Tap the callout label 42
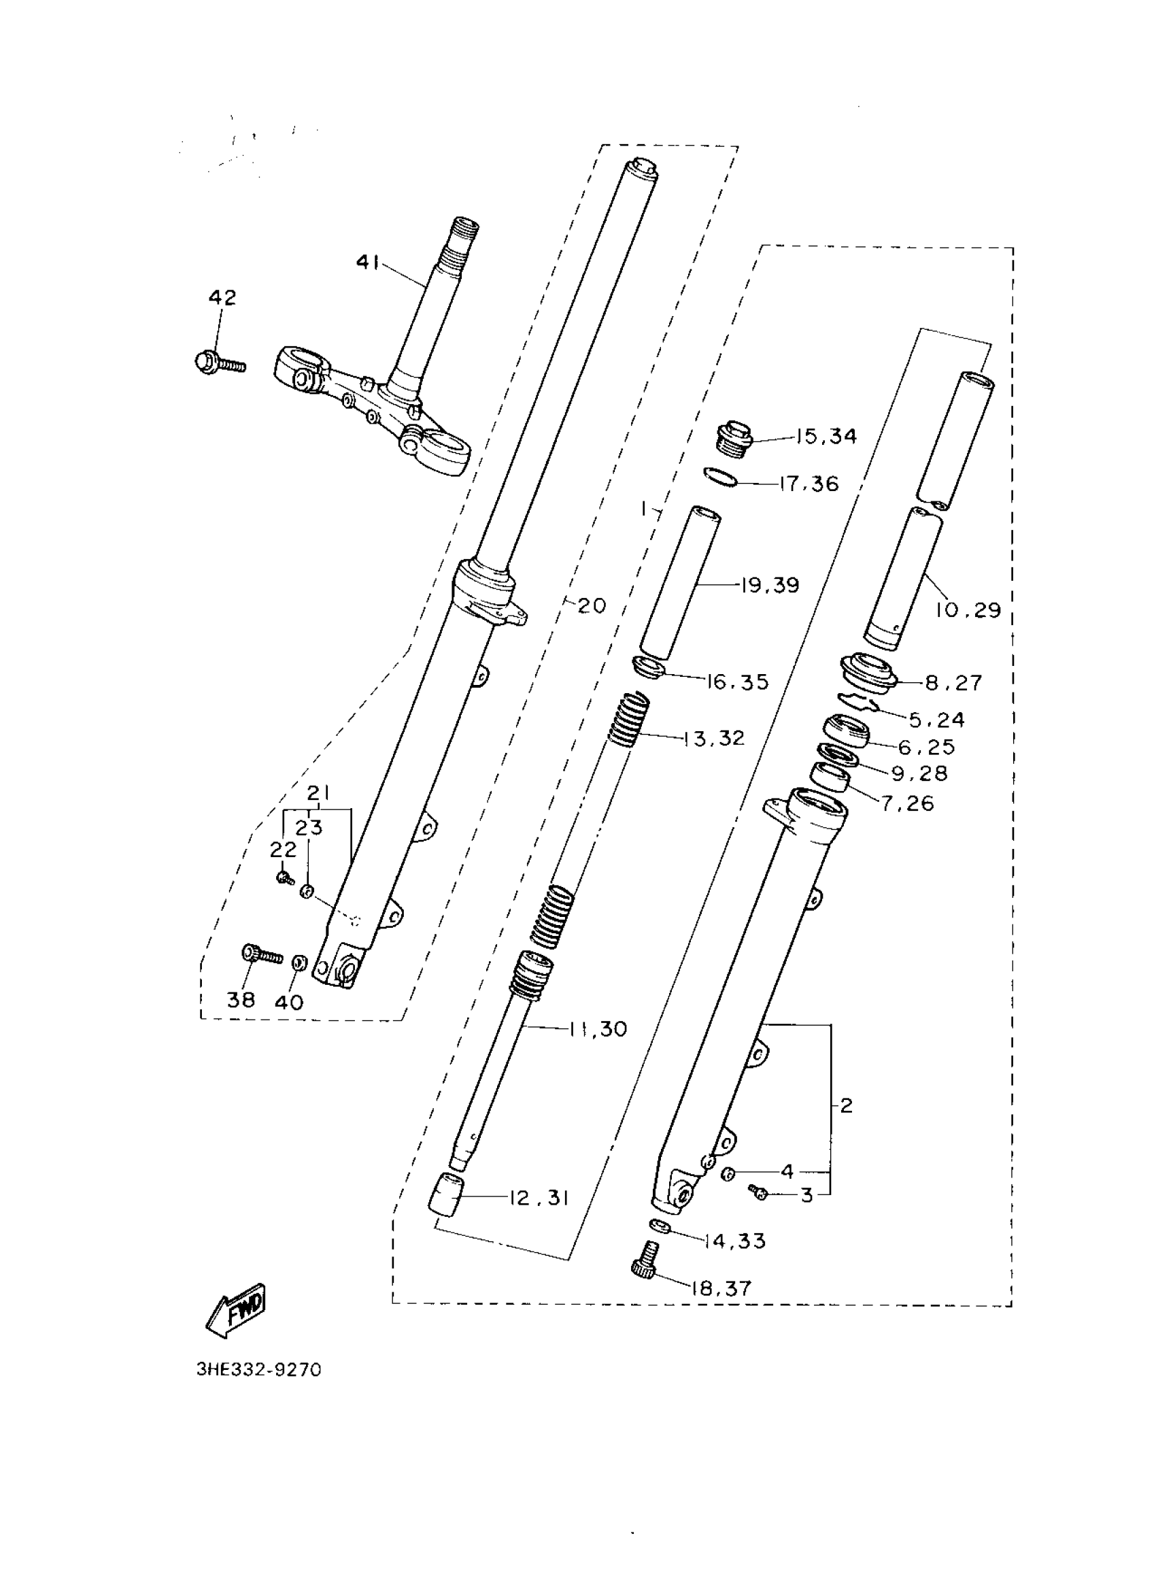(222, 297)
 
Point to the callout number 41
(368, 263)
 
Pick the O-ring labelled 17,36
(720, 478)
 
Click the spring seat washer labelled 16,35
(649, 667)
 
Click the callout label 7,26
(908, 803)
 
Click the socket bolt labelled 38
(262, 954)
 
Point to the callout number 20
(592, 605)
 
